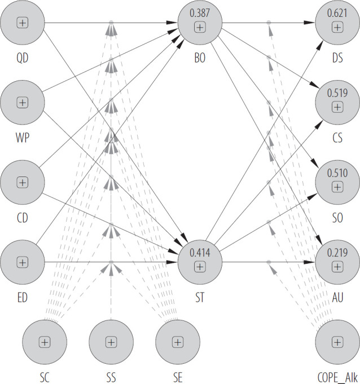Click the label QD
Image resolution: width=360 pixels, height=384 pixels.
(x=23, y=57)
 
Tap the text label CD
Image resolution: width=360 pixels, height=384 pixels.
(x=23, y=217)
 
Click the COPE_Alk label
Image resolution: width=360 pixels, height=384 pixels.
(x=337, y=376)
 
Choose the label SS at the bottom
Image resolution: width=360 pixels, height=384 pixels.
(x=111, y=376)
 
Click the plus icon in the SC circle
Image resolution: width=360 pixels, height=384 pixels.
(x=45, y=342)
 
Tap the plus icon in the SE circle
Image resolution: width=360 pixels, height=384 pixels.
(x=178, y=342)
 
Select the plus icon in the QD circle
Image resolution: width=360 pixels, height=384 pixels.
(x=23, y=23)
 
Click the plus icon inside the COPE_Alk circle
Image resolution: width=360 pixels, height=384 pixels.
(x=337, y=342)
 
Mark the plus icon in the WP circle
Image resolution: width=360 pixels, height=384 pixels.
(x=23, y=103)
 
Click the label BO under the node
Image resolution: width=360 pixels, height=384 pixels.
(x=200, y=57)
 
